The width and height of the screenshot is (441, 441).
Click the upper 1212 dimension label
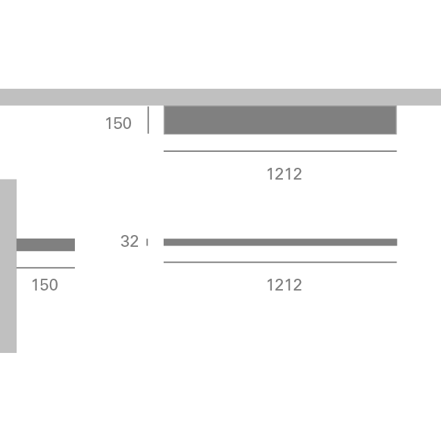click(x=284, y=174)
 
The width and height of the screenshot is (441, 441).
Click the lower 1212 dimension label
click(x=284, y=285)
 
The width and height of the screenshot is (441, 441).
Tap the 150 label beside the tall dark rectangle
click(x=118, y=123)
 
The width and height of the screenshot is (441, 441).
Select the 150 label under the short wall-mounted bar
click(x=44, y=285)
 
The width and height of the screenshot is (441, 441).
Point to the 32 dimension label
click(x=130, y=241)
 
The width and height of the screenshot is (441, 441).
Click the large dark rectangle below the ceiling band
click(x=280, y=120)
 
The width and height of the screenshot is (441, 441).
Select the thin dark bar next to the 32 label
click(x=280, y=242)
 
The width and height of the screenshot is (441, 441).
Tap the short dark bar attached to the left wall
click(x=45, y=245)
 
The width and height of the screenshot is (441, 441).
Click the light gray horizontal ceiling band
click(x=220, y=97)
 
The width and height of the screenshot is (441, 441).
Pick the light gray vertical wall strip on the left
click(x=8, y=266)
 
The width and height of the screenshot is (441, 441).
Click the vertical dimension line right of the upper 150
click(x=148, y=120)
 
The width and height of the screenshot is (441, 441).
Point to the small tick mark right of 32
click(x=147, y=242)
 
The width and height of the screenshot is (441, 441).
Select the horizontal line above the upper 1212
click(x=280, y=151)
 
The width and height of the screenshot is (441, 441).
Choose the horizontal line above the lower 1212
click(x=280, y=262)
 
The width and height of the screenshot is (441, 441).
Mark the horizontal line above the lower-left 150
click(x=45, y=268)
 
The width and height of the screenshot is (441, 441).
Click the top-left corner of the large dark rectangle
click(x=164, y=106)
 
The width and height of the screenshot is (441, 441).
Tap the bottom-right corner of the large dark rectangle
click(x=396, y=134)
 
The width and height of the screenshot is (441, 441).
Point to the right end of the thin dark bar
click(x=397, y=242)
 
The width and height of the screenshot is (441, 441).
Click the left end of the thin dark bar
click(x=164, y=242)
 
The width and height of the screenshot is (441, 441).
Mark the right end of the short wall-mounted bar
click(x=74, y=245)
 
